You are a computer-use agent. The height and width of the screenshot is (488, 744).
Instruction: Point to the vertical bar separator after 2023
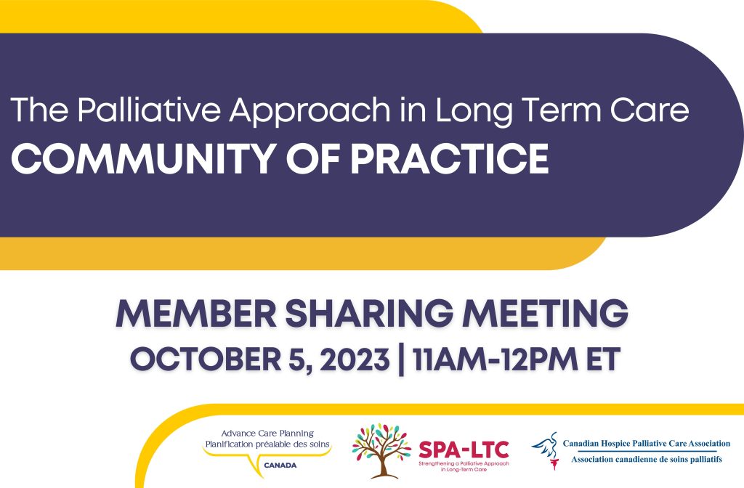click(x=401, y=360)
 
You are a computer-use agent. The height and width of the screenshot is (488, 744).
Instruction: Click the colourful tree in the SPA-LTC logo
click(x=381, y=450)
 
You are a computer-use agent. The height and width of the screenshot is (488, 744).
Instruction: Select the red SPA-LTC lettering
click(x=464, y=449)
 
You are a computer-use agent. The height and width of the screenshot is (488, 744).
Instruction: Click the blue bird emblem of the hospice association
click(x=546, y=450)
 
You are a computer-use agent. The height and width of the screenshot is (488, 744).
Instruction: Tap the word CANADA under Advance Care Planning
click(x=280, y=465)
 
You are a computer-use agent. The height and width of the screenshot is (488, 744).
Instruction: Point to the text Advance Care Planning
click(x=267, y=434)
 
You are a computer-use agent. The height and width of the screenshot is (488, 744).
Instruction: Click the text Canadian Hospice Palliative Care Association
click(x=646, y=444)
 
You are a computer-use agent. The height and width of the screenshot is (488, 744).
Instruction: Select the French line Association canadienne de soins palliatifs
click(x=646, y=459)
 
